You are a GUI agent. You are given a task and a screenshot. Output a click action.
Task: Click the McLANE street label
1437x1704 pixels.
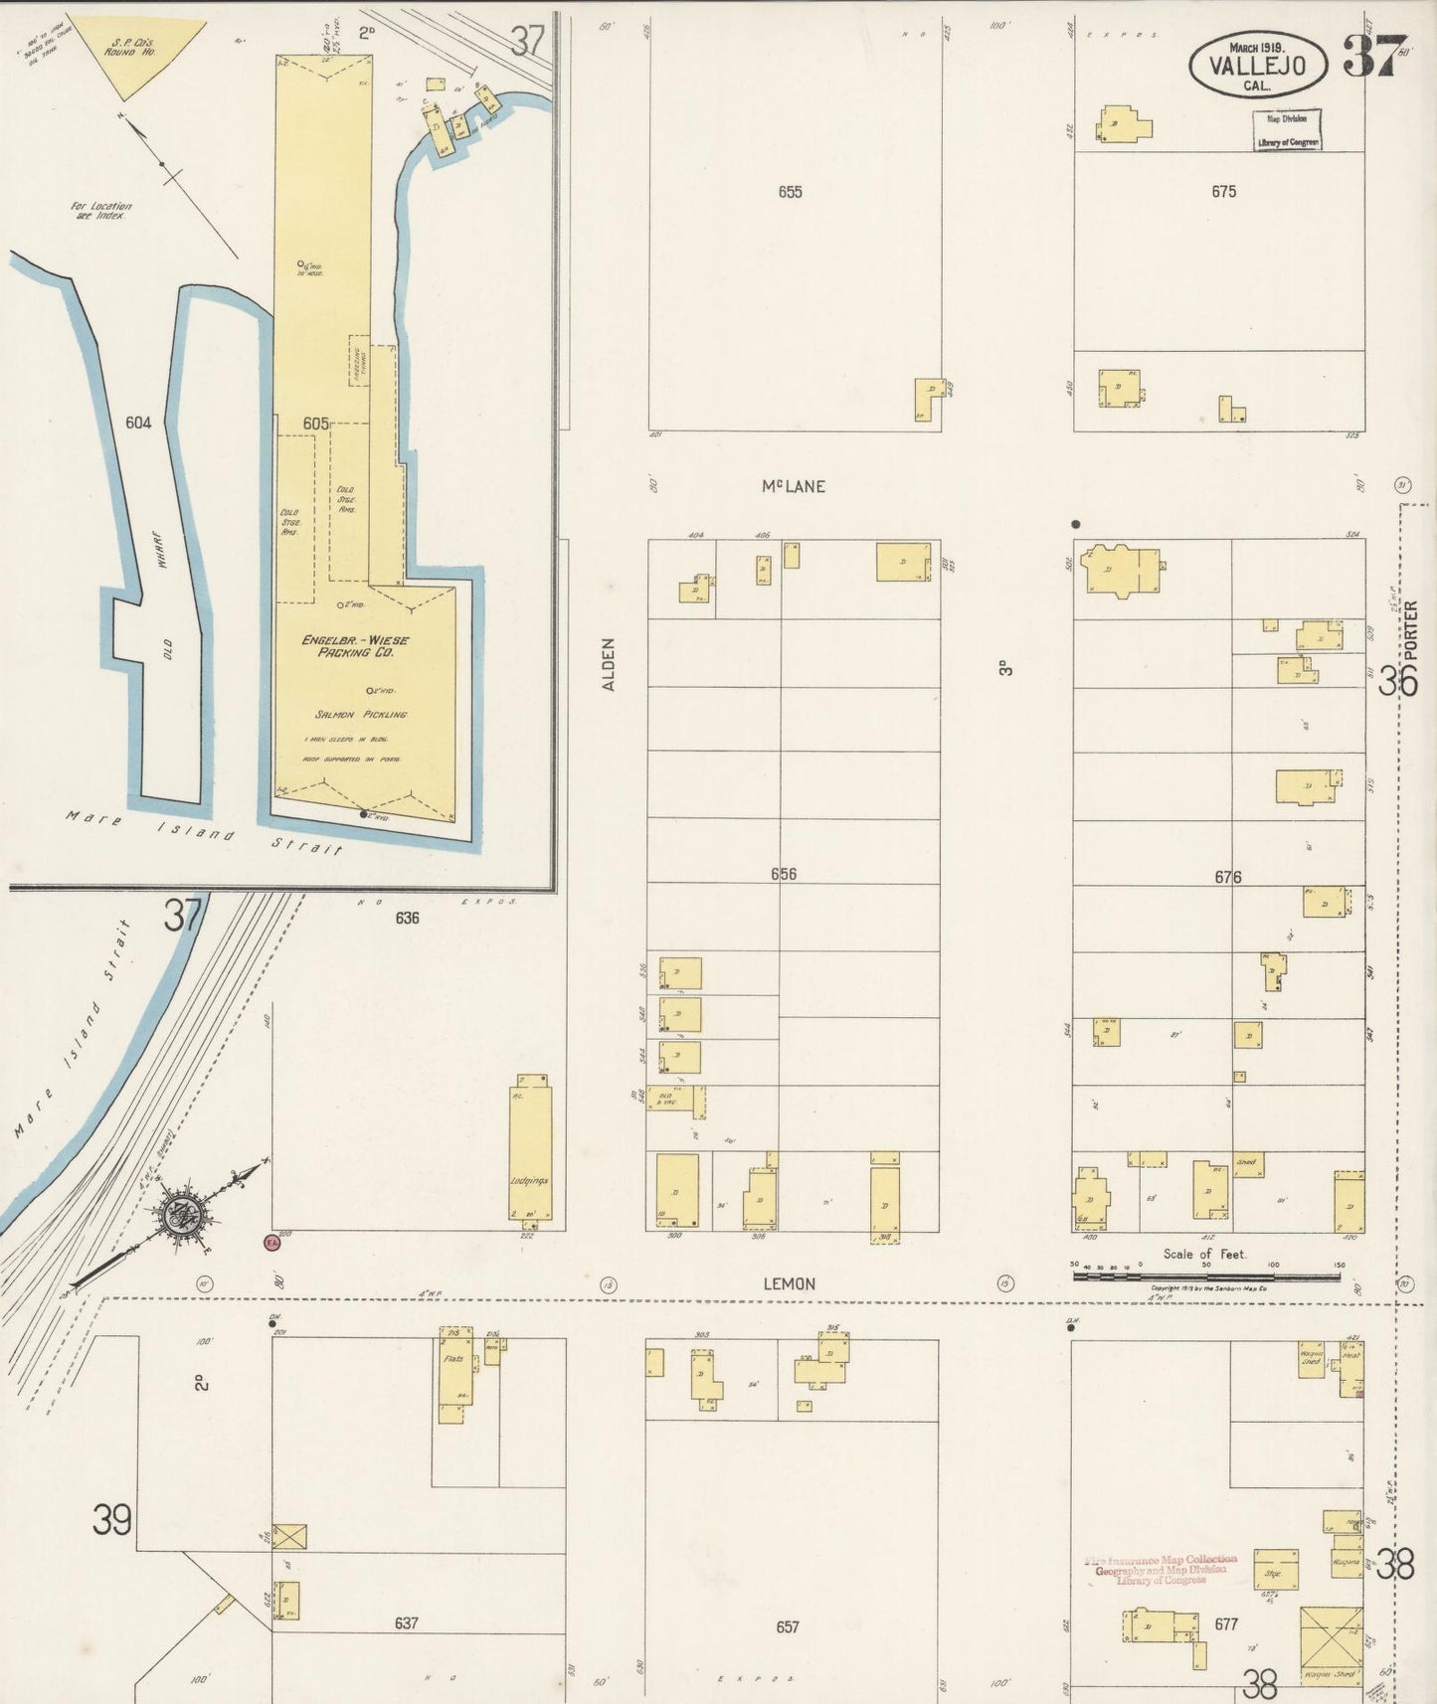click(x=793, y=486)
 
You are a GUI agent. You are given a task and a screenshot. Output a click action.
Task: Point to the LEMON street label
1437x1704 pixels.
click(x=789, y=1283)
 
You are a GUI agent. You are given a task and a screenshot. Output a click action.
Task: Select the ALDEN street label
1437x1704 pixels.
click(x=609, y=664)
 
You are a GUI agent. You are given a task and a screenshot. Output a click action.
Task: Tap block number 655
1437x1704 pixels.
click(x=790, y=192)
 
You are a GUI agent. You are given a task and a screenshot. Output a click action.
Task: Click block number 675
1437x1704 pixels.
click(x=1223, y=192)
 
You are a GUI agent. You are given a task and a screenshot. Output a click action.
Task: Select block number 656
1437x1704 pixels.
click(x=784, y=875)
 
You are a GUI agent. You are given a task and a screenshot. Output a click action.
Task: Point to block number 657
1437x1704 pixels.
click(x=787, y=1627)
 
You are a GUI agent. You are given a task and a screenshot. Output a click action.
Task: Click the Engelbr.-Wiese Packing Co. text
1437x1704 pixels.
click(x=355, y=646)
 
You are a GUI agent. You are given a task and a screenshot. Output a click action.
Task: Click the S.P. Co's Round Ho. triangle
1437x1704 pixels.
click(x=140, y=54)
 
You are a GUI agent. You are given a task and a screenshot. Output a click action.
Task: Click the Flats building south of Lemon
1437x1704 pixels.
click(x=453, y=1375)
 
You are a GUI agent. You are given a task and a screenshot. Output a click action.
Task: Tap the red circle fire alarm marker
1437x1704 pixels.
click(x=270, y=1242)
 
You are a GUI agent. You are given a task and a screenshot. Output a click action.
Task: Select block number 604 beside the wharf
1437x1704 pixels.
click(x=138, y=423)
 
